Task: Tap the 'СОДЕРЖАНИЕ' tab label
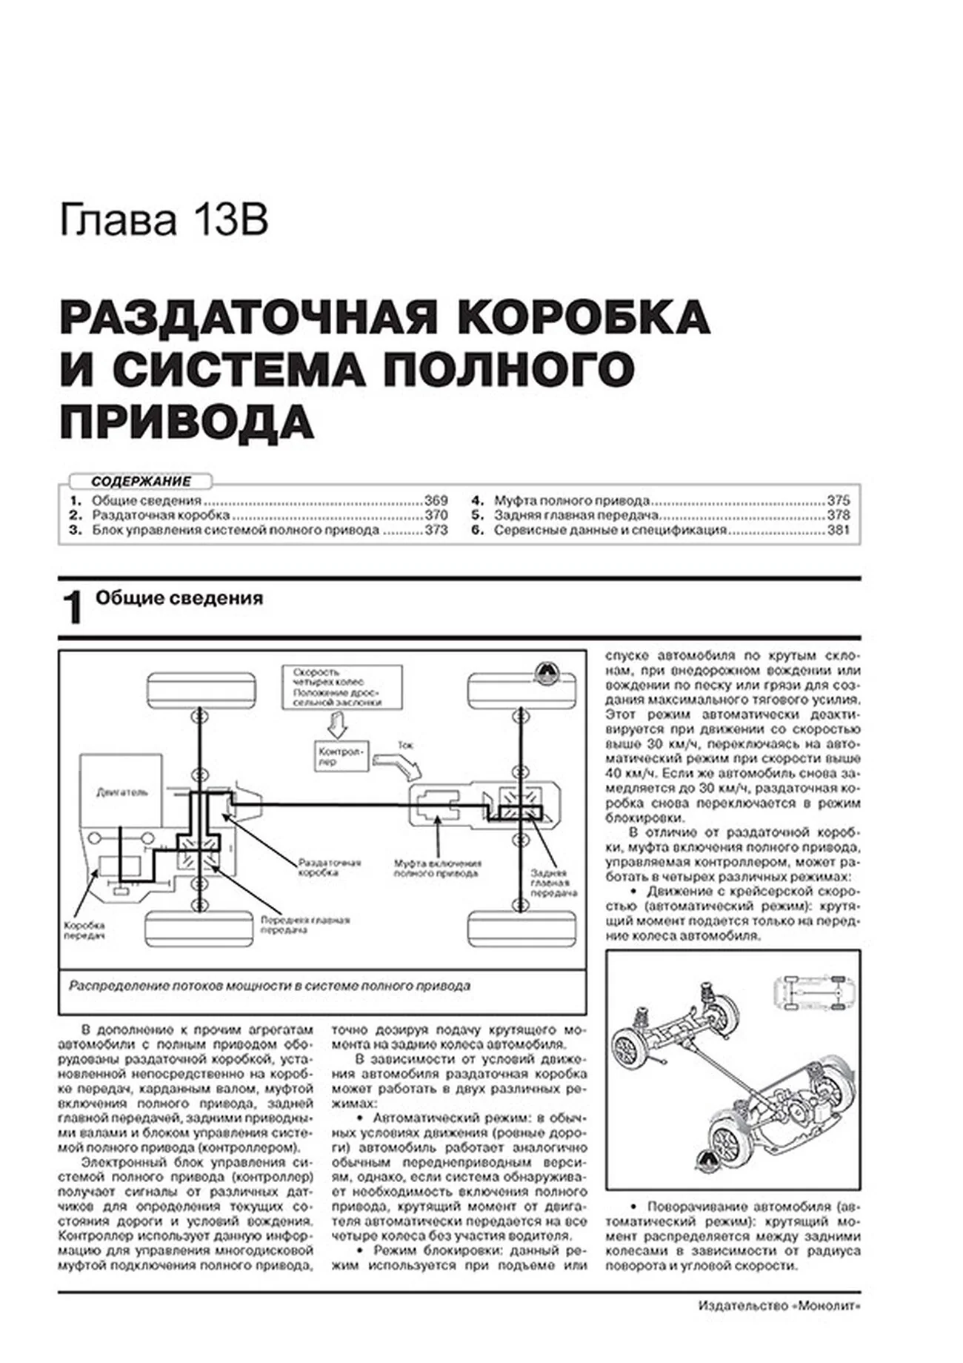pos(141,481)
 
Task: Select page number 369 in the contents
pos(436,500)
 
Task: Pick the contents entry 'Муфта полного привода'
pos(571,500)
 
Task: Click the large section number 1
pos(73,608)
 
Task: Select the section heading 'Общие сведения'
pos(179,598)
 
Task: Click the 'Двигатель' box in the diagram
pos(121,791)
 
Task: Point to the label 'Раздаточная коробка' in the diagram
pos(329,867)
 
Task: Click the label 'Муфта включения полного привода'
pos(437,868)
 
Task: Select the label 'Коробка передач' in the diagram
pos(84,930)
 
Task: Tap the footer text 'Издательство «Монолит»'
pos(779,1327)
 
